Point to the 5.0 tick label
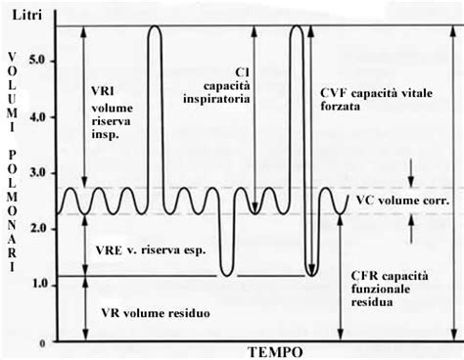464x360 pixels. click(x=40, y=61)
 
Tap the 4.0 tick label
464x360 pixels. click(x=40, y=117)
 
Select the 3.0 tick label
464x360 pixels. click(x=40, y=172)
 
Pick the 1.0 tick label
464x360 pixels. click(x=40, y=284)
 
